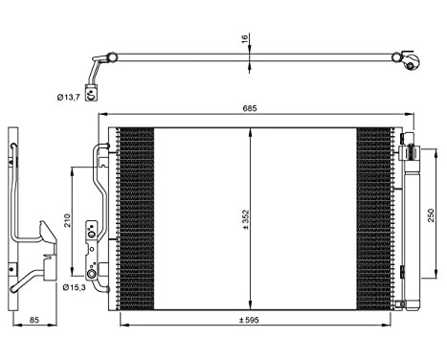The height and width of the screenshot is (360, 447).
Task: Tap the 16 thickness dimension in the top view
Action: coord(245,39)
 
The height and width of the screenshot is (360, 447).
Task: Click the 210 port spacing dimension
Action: coord(67,220)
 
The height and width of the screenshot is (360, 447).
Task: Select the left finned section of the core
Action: coord(134,218)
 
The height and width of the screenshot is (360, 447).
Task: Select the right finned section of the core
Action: coord(373,218)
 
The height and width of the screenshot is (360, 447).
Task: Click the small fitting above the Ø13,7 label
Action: coord(91,92)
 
